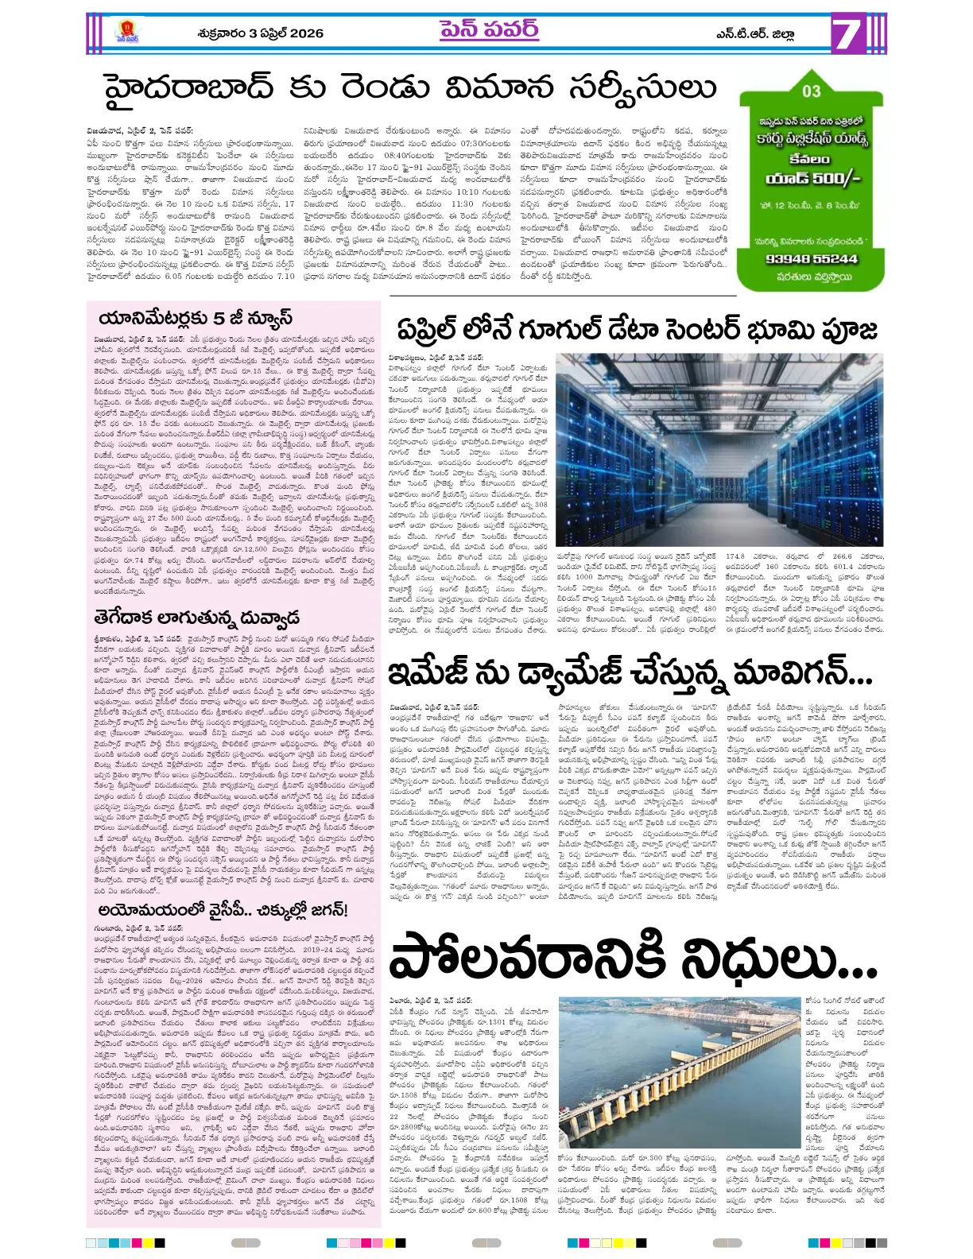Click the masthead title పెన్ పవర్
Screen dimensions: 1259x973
pos(488,31)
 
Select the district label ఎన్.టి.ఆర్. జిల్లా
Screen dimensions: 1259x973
pos(754,34)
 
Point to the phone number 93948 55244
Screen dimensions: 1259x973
pos(811,258)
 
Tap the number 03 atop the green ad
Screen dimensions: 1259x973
pos(811,91)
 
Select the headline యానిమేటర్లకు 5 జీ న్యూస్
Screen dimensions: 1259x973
pos(196,319)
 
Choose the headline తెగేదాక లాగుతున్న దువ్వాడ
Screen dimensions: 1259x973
pos(196,618)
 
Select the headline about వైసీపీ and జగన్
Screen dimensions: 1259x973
pos(223,909)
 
